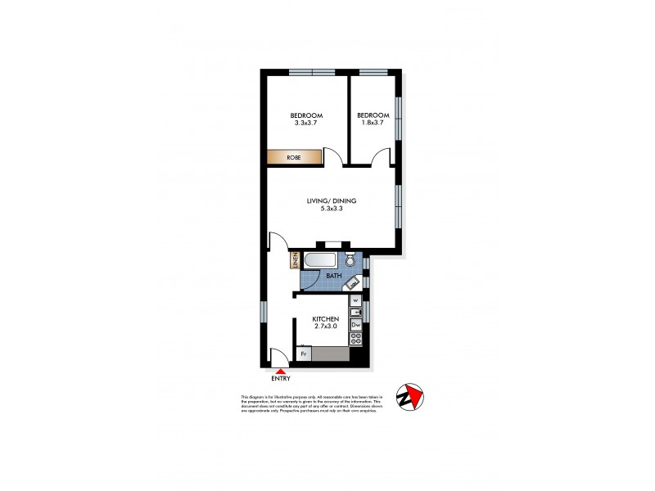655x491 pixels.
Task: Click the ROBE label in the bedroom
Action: (292, 157)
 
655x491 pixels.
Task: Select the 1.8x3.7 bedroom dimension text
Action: (371, 123)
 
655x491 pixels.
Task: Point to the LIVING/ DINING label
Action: (332, 200)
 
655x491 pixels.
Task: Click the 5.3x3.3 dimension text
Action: (332, 209)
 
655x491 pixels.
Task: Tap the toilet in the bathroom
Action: (350, 261)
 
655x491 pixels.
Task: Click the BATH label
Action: (333, 277)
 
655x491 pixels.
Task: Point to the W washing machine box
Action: (356, 300)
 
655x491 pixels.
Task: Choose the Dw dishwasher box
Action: (356, 326)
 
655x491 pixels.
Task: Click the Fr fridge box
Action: (303, 354)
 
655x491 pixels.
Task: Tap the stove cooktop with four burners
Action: (356, 338)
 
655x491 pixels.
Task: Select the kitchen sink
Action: (356, 312)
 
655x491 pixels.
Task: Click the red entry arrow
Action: (280, 372)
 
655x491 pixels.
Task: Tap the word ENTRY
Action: (280, 380)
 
